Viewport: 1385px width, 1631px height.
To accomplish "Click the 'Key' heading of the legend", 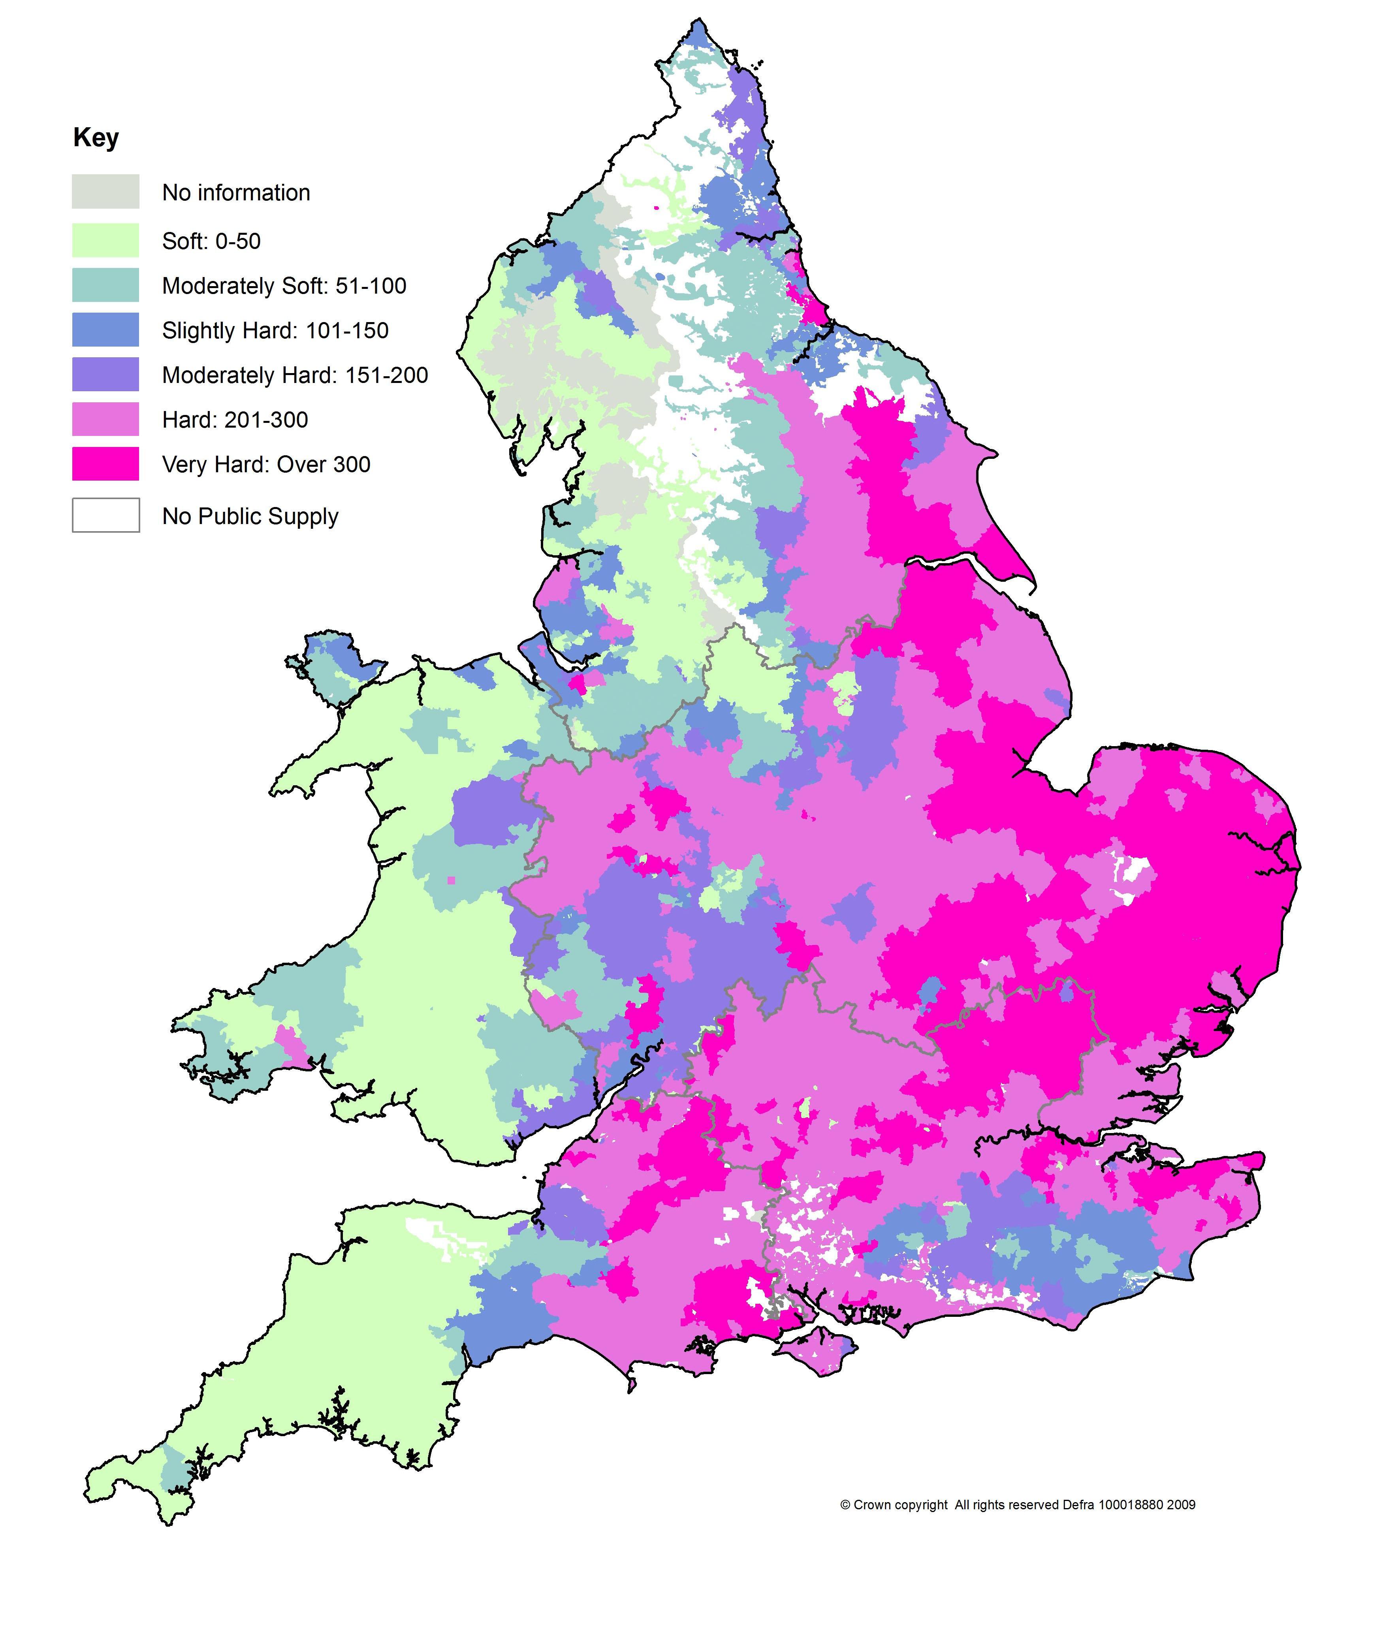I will (96, 138).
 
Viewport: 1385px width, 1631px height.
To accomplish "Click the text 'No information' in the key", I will (235, 193).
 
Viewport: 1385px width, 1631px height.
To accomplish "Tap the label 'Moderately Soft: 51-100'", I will (284, 286).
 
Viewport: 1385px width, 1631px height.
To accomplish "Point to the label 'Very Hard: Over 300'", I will (266, 465).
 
